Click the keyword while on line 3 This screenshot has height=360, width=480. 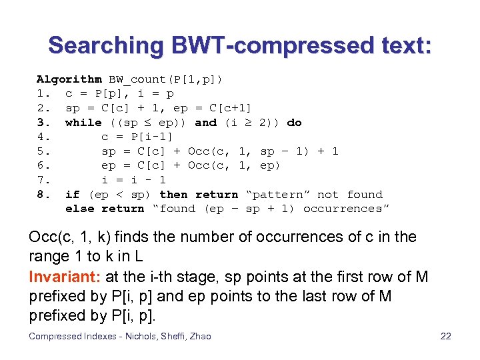[83, 122]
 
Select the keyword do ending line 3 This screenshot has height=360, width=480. [294, 122]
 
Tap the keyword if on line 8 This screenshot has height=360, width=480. [72, 195]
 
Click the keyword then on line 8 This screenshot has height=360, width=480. [173, 195]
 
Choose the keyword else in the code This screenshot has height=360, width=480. [79, 209]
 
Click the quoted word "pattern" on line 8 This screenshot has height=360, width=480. [278, 195]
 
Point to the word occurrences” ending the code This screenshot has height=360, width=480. [346, 209]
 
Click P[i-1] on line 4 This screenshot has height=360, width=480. [155, 137]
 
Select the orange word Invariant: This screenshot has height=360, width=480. [60, 277]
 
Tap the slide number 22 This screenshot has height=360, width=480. [446, 336]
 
